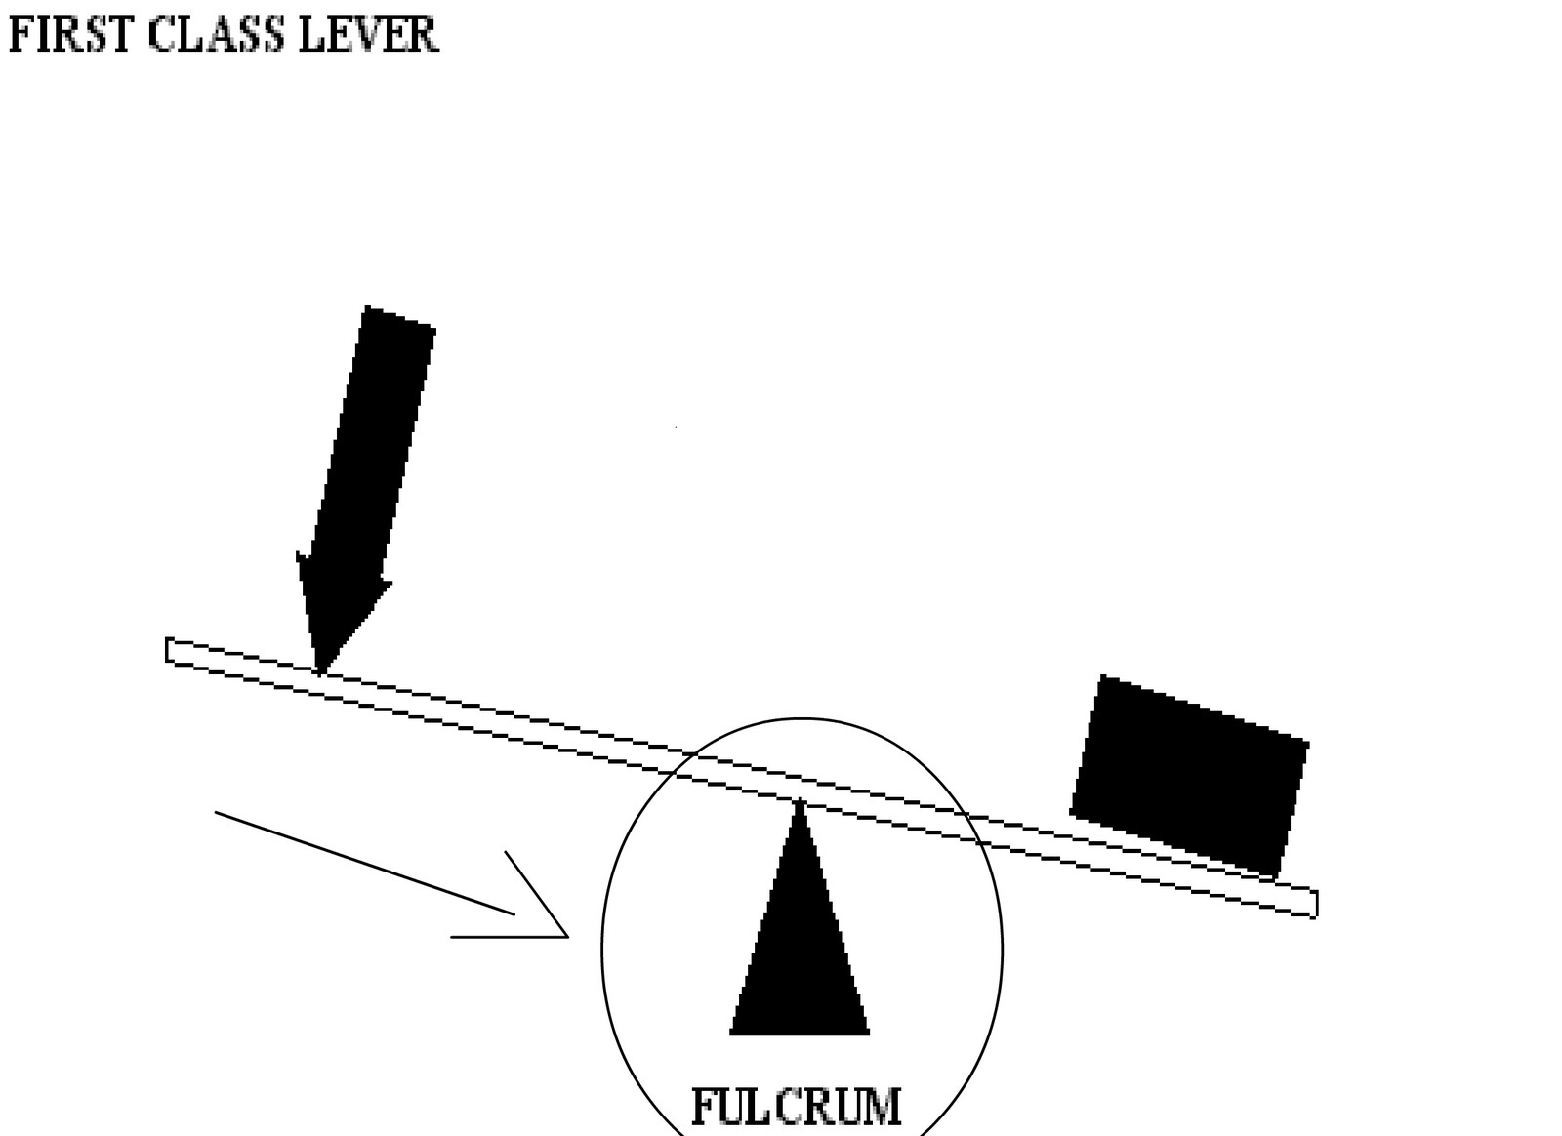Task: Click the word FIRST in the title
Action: (x=69, y=35)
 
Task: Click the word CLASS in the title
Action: (x=216, y=35)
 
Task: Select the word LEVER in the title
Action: (x=367, y=35)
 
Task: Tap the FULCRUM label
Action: (x=796, y=1108)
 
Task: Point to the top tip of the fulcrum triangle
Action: (x=801, y=803)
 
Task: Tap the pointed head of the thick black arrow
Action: (x=319, y=669)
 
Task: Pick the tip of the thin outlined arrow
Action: (x=566, y=935)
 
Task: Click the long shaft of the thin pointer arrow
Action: (x=364, y=863)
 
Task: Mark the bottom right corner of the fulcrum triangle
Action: (x=867, y=1032)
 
